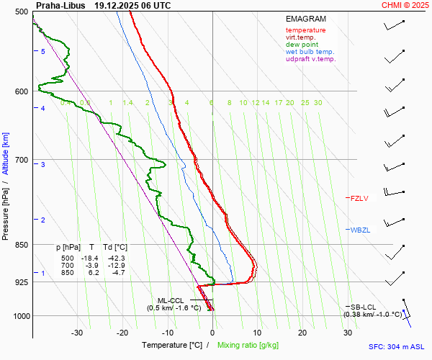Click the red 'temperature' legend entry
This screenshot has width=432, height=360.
coord(305,30)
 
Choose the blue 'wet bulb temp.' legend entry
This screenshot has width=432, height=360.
coord(310,52)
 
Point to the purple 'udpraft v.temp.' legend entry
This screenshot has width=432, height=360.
coord(310,59)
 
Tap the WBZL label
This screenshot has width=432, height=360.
coord(359,230)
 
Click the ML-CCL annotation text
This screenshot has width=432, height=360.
coord(171,300)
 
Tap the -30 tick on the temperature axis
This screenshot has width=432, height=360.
coord(77,333)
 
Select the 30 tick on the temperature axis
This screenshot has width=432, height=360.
coord(348,333)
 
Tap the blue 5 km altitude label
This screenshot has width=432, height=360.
coord(43,52)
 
